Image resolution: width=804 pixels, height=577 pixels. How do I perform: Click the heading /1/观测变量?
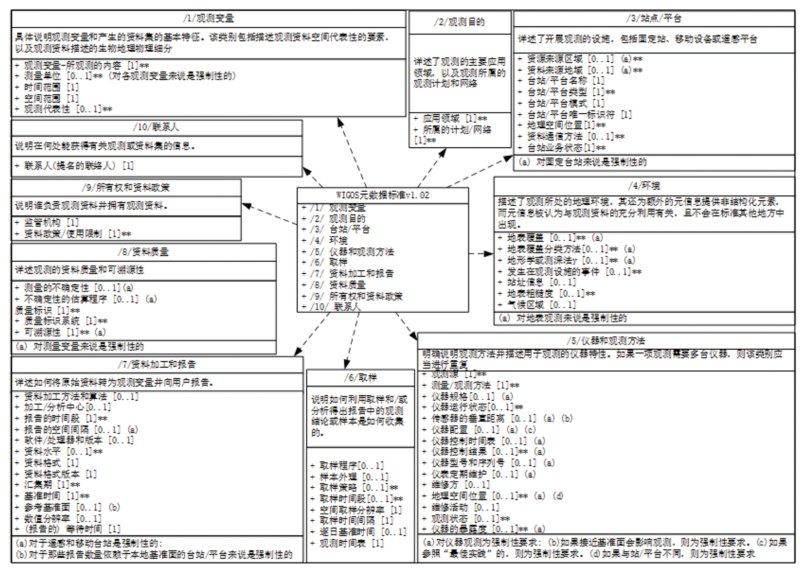[208, 19]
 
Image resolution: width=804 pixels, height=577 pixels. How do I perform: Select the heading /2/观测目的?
[459, 22]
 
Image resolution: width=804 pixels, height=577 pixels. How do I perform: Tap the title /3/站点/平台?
[653, 19]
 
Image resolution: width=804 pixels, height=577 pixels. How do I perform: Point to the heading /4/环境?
[644, 185]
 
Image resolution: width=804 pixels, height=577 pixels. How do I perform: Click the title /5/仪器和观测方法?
[605, 340]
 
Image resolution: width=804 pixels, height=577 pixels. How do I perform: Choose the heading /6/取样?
[360, 378]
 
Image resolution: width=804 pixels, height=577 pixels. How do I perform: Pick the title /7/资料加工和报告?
[157, 364]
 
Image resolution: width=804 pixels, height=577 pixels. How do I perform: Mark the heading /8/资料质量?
[143, 252]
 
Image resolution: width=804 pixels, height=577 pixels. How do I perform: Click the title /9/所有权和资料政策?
[126, 188]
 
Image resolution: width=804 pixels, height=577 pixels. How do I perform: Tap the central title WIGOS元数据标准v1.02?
[382, 195]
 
